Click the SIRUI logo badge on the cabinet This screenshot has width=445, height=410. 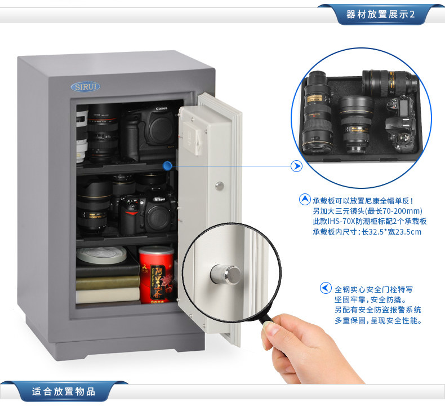click(86, 87)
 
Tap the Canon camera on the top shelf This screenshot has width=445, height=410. click(150, 132)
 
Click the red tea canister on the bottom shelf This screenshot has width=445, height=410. click(156, 275)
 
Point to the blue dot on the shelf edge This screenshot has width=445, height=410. click(167, 166)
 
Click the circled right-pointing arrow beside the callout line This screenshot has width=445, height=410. click(296, 166)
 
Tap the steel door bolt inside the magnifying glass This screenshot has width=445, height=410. click(226, 275)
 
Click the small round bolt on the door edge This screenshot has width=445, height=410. click(219, 186)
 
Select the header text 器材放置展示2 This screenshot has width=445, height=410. click(380, 14)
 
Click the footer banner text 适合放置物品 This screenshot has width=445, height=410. click(64, 391)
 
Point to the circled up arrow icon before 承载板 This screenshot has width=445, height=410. click(305, 200)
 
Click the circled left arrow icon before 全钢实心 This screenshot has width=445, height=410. click(326, 288)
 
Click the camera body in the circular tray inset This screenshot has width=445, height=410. click(400, 125)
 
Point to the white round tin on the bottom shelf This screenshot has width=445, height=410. click(101, 254)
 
